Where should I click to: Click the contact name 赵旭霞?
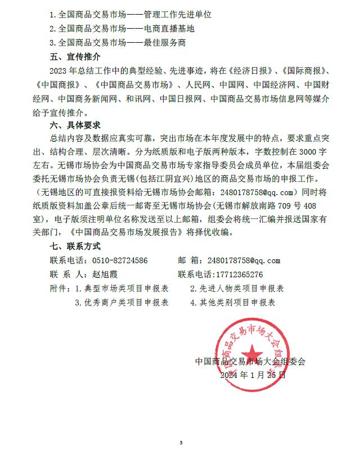pos(105,274)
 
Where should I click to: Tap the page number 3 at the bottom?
pos(181,443)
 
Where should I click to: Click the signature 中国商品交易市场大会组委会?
pos(250,362)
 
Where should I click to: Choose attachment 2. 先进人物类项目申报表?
pos(237,289)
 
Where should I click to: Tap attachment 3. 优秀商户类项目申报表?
pos(122,302)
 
